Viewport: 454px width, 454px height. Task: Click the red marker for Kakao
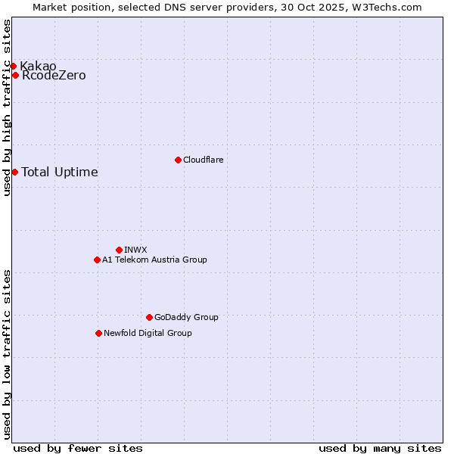pyautogui.click(x=13, y=67)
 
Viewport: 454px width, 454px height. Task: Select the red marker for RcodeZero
pyautogui.click(x=15, y=75)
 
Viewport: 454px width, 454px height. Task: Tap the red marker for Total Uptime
pyautogui.click(x=14, y=172)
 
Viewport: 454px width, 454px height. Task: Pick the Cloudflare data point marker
pyautogui.click(x=178, y=160)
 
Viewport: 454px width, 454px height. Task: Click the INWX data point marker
pyautogui.click(x=119, y=250)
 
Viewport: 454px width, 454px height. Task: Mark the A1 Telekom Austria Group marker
pyautogui.click(x=97, y=260)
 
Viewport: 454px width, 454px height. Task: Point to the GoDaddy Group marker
pyautogui.click(x=149, y=317)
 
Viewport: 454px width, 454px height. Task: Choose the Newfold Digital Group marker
pyautogui.click(x=98, y=333)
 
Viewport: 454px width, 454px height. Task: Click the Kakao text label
pyautogui.click(x=38, y=66)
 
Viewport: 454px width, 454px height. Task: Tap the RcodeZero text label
pyautogui.click(x=54, y=76)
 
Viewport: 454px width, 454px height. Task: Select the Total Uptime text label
pyautogui.click(x=60, y=173)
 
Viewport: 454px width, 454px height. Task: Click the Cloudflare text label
pyautogui.click(x=203, y=160)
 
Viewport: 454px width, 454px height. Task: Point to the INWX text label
pyautogui.click(x=135, y=250)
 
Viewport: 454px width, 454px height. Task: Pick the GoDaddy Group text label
pyautogui.click(x=186, y=317)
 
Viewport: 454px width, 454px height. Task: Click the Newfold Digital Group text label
pyautogui.click(x=148, y=333)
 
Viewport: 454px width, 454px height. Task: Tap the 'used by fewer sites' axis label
pyautogui.click(x=78, y=448)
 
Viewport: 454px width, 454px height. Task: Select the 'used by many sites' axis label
pyautogui.click(x=380, y=448)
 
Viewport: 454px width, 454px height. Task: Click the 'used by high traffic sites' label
pyautogui.click(x=8, y=108)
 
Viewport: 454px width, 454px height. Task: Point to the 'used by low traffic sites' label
pyautogui.click(x=8, y=354)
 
